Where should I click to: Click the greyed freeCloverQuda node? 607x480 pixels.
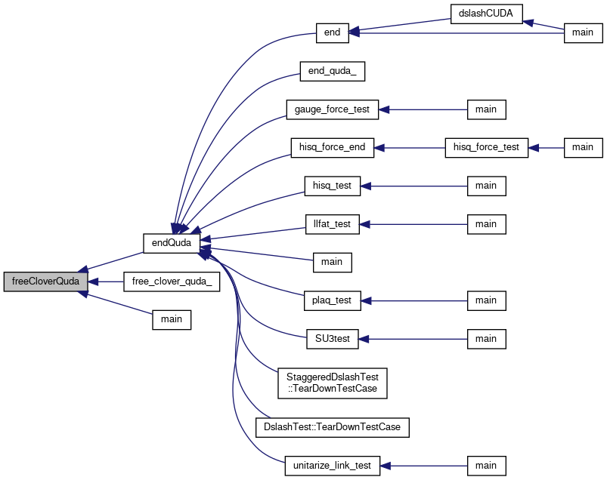(45, 282)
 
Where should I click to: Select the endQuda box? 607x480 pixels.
(172, 243)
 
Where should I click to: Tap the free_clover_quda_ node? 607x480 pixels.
(172, 282)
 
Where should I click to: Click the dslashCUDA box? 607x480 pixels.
(486, 14)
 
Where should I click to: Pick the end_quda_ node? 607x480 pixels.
(332, 71)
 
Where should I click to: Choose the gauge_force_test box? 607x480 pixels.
(332, 109)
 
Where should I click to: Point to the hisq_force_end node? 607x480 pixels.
(332, 148)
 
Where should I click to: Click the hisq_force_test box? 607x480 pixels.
(486, 148)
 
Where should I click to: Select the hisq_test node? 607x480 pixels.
(332, 186)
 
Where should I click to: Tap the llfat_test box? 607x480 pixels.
(332, 224)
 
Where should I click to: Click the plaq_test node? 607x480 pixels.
(332, 300)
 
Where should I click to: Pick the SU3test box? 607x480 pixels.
(332, 339)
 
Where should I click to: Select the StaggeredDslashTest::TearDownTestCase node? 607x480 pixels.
(332, 383)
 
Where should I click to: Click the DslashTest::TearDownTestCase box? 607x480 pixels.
(332, 427)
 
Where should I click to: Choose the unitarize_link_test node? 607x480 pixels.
(332, 466)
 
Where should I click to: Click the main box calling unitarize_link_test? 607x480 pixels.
(486, 466)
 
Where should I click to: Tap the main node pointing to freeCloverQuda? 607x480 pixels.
(172, 319)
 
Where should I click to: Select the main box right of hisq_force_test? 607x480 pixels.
(583, 148)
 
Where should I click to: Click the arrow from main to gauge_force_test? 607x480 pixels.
(423, 109)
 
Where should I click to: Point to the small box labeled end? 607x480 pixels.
(332, 33)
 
